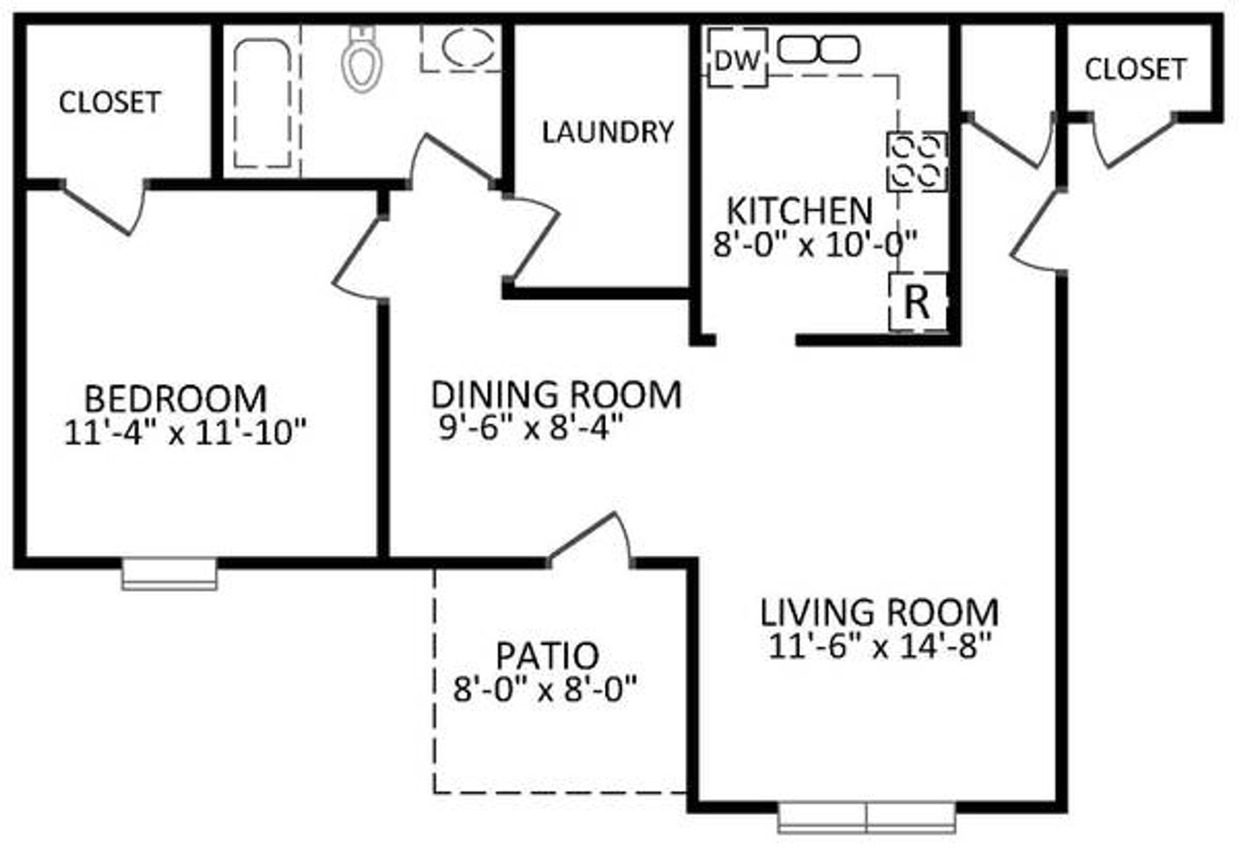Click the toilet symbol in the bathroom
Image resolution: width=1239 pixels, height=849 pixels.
pos(361,59)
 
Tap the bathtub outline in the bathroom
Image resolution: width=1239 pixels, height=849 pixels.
pos(262,103)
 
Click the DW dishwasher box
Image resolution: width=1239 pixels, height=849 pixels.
pos(738,59)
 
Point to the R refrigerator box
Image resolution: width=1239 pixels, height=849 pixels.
pos(918,302)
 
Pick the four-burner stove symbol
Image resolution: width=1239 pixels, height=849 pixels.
pos(916,161)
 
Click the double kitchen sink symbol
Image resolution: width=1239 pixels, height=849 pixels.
pos(818,49)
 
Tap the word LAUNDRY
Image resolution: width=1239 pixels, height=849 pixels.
pos(607,132)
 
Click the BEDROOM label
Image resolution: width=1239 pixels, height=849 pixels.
pos(176,398)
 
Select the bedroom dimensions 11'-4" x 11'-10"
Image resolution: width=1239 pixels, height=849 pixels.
pos(185,432)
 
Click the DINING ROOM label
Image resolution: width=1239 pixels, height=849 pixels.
pos(556,394)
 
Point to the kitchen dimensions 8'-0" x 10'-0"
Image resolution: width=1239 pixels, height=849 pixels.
pos(814,244)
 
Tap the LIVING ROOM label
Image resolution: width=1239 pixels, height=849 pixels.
pos(879,613)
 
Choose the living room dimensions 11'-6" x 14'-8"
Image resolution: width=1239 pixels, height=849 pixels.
pos(879,646)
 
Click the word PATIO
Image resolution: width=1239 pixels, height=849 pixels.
pos(547,655)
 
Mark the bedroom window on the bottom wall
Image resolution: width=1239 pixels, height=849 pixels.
pos(169,574)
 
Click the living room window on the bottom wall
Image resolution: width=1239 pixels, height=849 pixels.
pos(866,817)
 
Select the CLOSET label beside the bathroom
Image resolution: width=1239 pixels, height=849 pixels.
pos(110,102)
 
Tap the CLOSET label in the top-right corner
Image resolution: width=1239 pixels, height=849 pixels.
pos(1135,69)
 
